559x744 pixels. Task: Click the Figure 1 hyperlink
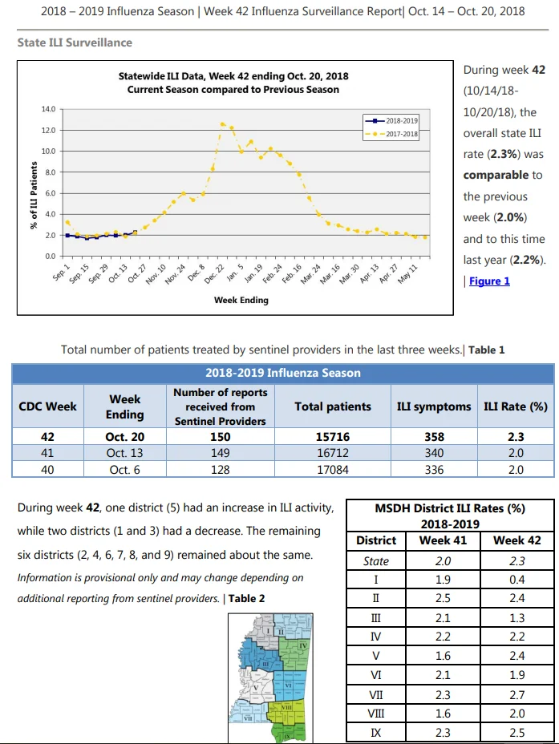[x=489, y=281]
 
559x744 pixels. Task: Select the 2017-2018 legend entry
[x=391, y=134]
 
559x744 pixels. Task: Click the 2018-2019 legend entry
[x=391, y=120]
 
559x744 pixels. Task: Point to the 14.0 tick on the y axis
[x=48, y=109]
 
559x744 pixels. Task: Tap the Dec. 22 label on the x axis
[x=214, y=274]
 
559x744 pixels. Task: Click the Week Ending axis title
[x=241, y=300]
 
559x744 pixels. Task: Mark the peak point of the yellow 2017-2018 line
[x=222, y=123]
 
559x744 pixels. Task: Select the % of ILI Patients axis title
[x=34, y=195]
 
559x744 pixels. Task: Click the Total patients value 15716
[x=333, y=436]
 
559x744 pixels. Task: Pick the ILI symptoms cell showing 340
[x=434, y=453]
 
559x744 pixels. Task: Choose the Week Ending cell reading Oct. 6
[x=124, y=470]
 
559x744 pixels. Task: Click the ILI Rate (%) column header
[x=516, y=406]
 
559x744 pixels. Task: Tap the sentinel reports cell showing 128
[x=221, y=470]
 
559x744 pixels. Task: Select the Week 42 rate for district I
[x=516, y=580]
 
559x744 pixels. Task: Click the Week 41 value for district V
[x=443, y=656]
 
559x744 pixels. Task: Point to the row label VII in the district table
[x=376, y=695]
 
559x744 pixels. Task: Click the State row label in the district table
[x=376, y=561]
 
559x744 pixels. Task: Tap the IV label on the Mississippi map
[x=302, y=645]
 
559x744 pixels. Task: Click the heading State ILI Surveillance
[x=75, y=42]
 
